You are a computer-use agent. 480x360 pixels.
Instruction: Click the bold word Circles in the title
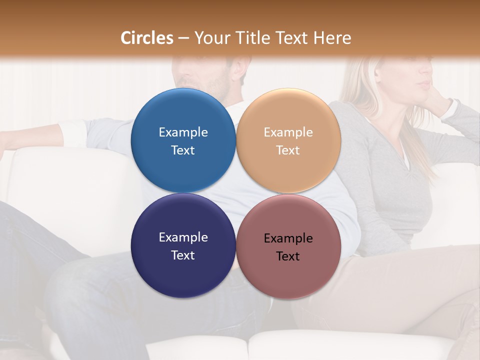(x=146, y=38)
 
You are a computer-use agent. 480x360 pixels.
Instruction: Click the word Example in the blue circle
(x=183, y=132)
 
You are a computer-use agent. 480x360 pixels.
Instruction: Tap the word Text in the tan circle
(x=288, y=150)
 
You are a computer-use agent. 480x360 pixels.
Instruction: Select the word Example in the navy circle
(x=183, y=237)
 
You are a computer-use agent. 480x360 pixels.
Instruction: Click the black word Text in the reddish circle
(x=288, y=256)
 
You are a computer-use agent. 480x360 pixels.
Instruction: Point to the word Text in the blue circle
(x=183, y=150)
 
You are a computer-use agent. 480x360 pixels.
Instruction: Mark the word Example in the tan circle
(x=288, y=132)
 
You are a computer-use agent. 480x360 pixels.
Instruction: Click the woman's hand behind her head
(x=440, y=100)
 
